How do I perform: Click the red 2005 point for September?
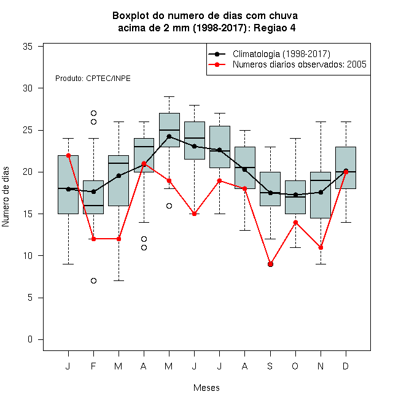[270, 264]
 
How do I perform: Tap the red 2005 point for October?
[295, 222]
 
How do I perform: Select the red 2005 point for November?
[321, 247]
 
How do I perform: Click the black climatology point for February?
[93, 191]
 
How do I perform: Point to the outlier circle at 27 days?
[93, 113]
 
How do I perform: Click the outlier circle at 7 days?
[93, 281]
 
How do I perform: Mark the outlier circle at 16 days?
[169, 206]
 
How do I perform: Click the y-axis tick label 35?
[28, 47]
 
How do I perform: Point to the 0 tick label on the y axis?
[30, 339]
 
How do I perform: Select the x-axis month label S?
[270, 366]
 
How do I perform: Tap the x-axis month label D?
[346, 366]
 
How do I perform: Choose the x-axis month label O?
[295, 366]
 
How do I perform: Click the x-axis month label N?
[321, 366]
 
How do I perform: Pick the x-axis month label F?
[93, 366]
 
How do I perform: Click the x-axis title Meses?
[206, 388]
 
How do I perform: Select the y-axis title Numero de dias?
[6, 197]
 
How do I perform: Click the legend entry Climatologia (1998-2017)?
[281, 54]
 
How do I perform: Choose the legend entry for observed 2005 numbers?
[300, 64]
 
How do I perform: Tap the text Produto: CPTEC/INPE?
[93, 79]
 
